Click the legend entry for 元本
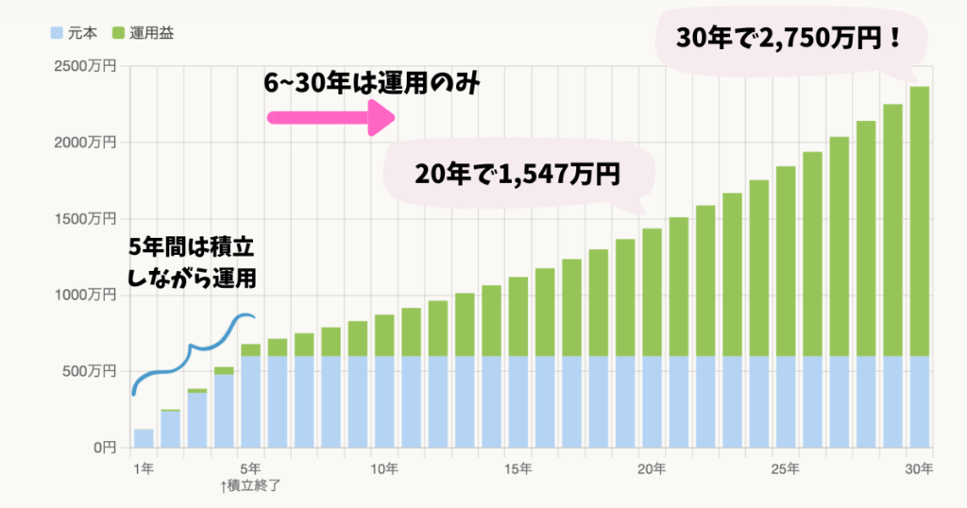(76, 33)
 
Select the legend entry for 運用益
(143, 33)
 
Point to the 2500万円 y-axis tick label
(86, 66)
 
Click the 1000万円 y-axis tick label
(86, 296)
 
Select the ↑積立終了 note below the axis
(250, 486)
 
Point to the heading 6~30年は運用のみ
(373, 84)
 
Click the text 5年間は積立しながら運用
(193, 263)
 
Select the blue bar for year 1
(144, 438)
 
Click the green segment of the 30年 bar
(920, 222)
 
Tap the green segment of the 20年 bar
(652, 293)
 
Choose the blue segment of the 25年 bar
(786, 401)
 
